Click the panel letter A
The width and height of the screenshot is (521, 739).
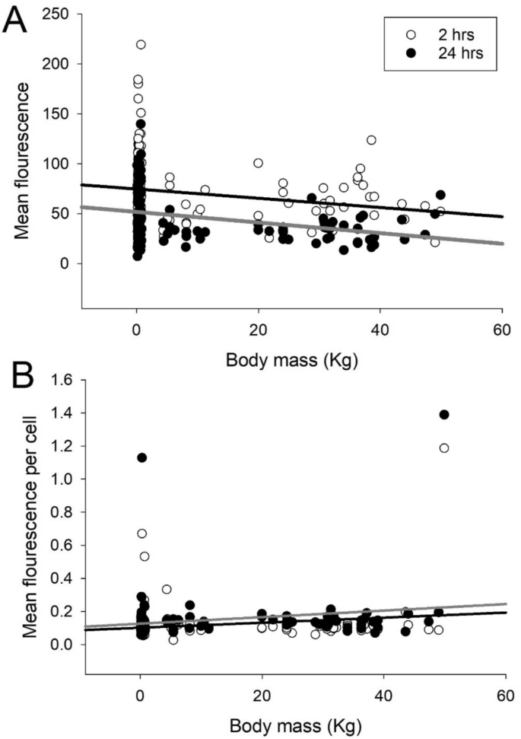tap(17, 21)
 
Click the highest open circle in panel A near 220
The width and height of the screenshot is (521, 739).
tap(141, 45)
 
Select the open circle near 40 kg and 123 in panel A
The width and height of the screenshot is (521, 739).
tap(371, 140)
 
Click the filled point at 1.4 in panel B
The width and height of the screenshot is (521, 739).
tap(444, 415)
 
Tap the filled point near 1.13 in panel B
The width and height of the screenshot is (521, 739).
tap(141, 457)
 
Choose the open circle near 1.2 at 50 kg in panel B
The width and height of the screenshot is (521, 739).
tap(444, 448)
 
